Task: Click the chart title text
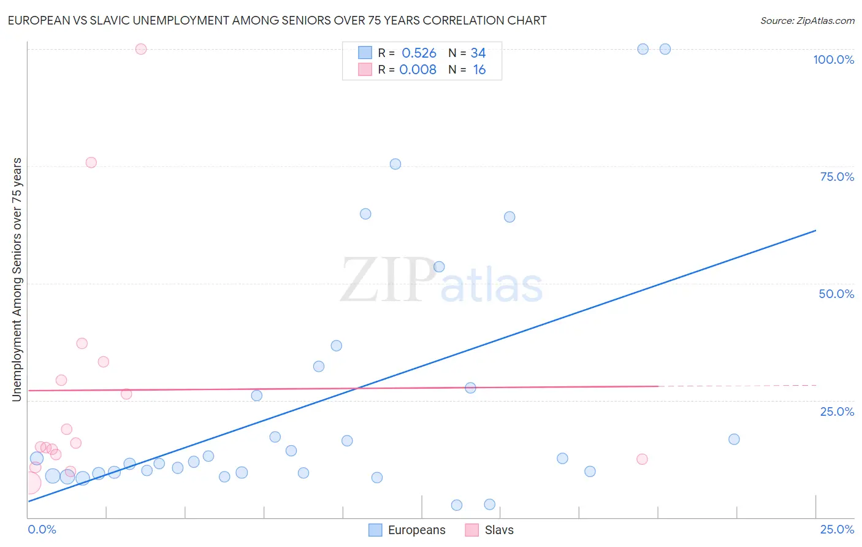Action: click(x=277, y=20)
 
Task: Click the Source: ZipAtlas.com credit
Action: click(x=807, y=20)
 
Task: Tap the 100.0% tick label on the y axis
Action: click(x=833, y=59)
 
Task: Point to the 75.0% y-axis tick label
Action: click(x=837, y=177)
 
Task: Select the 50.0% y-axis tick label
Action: click(x=836, y=294)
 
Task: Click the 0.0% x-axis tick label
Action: click(x=42, y=529)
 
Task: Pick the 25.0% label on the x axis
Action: click(x=837, y=529)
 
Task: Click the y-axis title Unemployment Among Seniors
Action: click(x=17, y=280)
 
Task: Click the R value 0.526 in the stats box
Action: click(x=419, y=53)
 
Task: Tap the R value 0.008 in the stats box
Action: click(x=418, y=70)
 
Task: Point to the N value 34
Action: click(x=478, y=53)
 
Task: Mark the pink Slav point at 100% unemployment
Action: click(x=141, y=49)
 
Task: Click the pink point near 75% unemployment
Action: click(x=91, y=163)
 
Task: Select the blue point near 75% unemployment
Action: click(x=395, y=164)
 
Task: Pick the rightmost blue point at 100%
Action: click(x=665, y=49)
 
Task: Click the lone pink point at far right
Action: click(x=642, y=459)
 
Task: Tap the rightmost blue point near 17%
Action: click(x=734, y=439)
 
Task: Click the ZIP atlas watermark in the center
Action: click(x=441, y=281)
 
